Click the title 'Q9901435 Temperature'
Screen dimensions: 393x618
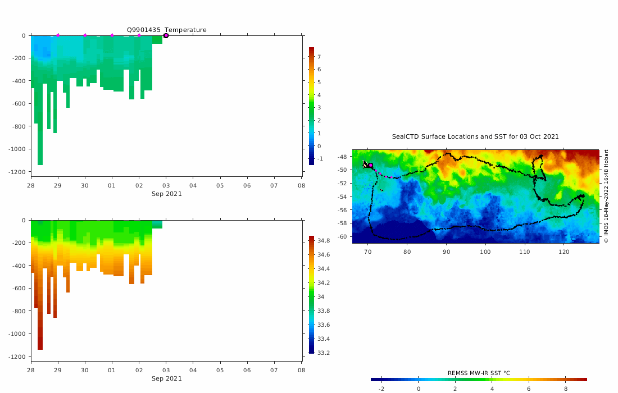pyautogui.click(x=166, y=30)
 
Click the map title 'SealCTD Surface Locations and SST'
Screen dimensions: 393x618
pyautogui.click(x=475, y=136)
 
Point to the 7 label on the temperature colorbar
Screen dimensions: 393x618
pyautogui.click(x=319, y=57)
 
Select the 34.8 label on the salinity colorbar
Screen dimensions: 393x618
pyautogui.click(x=323, y=241)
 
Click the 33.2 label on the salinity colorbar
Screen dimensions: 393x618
pyautogui.click(x=323, y=353)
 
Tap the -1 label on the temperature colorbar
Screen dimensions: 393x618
pyautogui.click(x=320, y=159)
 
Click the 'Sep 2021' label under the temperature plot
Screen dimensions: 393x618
pyautogui.click(x=166, y=194)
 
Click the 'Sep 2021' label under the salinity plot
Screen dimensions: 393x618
pyautogui.click(x=166, y=378)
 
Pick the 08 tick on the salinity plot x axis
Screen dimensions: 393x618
pyautogui.click(x=301, y=371)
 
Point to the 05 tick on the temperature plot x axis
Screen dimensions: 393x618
pyautogui.click(x=220, y=186)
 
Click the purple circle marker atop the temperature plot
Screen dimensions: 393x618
pyautogui.click(x=166, y=35)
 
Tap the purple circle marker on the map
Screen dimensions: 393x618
pyautogui.click(x=370, y=165)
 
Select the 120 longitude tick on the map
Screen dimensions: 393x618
pyautogui.click(x=564, y=252)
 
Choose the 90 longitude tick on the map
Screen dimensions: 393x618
pyautogui.click(x=446, y=252)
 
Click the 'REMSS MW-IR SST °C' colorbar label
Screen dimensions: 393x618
pyautogui.click(x=479, y=373)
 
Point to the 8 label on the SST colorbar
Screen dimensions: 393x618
pyautogui.click(x=566, y=389)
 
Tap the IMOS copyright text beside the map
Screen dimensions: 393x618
pyautogui.click(x=606, y=196)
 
